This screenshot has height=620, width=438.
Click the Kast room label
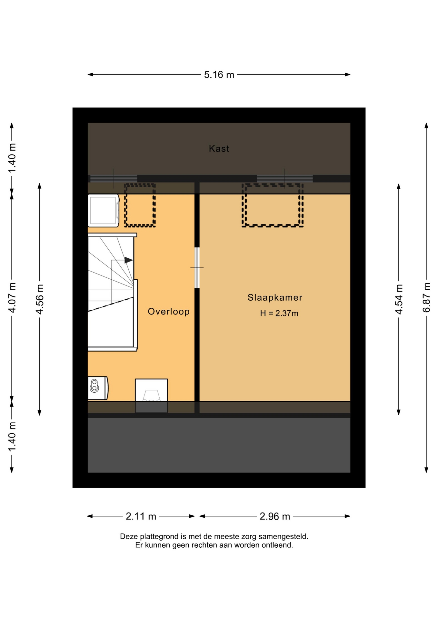pos(219,149)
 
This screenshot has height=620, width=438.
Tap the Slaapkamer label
pos(275,297)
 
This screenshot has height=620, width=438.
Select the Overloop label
pos(169,312)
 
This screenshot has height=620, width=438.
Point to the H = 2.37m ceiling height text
pos(279,313)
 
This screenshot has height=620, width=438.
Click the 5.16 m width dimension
pos(219,75)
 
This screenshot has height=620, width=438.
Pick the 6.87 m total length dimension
pos(426,297)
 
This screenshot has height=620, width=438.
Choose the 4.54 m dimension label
pos(399,299)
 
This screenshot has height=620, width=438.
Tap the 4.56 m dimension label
pos(39,299)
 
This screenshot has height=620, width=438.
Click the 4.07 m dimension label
pos(12,297)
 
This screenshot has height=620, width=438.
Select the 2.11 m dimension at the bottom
pos(141,516)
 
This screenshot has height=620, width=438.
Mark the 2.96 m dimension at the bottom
pos(275,516)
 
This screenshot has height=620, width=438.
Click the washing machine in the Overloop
pos(104,211)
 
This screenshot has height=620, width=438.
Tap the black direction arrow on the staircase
pos(129,260)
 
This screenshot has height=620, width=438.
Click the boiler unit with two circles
pos(98,388)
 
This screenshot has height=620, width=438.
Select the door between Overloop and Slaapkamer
pos(197,268)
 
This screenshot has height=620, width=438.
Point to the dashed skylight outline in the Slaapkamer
pos(273,205)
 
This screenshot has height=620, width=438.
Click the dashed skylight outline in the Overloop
pos(140,205)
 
